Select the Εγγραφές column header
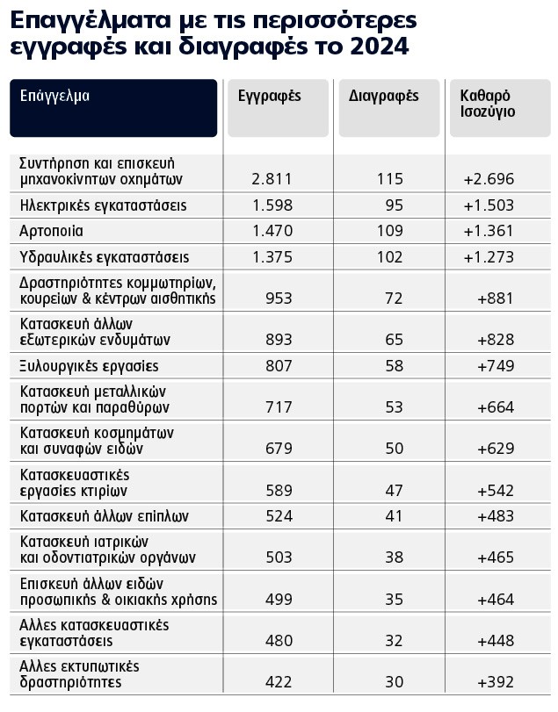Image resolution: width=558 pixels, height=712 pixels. (x=270, y=97)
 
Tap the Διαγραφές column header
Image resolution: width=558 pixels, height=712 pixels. (x=383, y=97)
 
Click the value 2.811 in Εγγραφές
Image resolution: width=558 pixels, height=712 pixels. (x=271, y=179)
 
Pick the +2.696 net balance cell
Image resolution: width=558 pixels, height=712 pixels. (x=489, y=179)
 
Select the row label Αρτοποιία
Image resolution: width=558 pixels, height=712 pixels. (x=52, y=231)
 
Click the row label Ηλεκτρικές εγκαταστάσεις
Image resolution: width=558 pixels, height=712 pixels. (x=103, y=205)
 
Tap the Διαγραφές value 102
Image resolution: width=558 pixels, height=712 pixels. (x=388, y=257)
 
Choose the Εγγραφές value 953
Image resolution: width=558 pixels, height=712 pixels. (x=278, y=298)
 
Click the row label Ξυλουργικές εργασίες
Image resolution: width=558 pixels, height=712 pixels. (x=89, y=365)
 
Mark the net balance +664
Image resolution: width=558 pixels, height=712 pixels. (x=495, y=407)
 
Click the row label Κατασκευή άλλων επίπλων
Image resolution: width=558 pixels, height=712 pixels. (x=104, y=515)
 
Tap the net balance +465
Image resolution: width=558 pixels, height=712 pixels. (x=495, y=557)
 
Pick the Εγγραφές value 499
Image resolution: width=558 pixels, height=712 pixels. (x=278, y=600)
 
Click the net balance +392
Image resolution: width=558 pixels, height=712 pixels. (x=495, y=682)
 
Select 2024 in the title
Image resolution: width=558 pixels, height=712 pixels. (x=380, y=47)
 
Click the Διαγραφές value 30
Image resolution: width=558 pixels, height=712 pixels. (x=392, y=682)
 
